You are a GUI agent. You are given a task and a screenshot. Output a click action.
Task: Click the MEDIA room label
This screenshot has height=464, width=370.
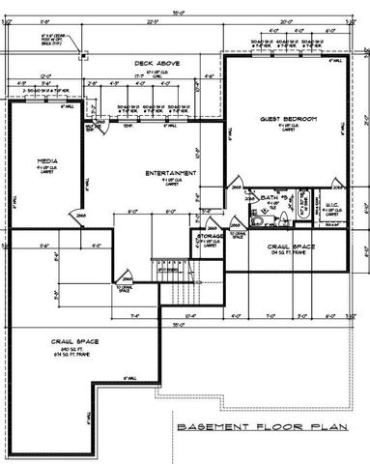(45, 162)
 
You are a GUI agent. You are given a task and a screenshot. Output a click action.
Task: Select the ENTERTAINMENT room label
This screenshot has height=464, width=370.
(171, 173)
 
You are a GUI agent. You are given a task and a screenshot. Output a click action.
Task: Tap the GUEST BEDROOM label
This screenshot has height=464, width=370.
(288, 119)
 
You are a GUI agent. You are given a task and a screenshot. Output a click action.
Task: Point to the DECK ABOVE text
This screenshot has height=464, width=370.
(154, 64)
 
